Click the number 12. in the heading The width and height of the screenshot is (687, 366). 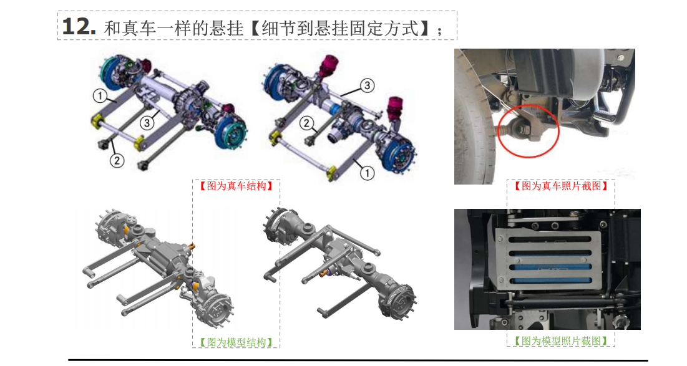pos(79,27)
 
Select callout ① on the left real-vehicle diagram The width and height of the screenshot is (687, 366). pos(100,95)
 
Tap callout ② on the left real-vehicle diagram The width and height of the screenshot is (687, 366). pos(117,161)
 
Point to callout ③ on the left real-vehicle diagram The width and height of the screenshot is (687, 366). pos(147,123)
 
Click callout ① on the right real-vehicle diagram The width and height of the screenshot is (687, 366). pos(367,173)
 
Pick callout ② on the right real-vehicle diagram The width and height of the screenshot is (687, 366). pos(307,123)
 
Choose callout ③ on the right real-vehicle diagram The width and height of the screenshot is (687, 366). pos(367,85)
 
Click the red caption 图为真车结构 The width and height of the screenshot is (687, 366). pos(236,186)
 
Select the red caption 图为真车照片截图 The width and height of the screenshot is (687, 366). pos(561,186)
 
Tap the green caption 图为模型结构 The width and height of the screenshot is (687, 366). pos(236,342)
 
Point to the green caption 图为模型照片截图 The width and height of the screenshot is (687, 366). pos(561,340)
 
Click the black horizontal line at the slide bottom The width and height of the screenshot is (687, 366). pos(358,360)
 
